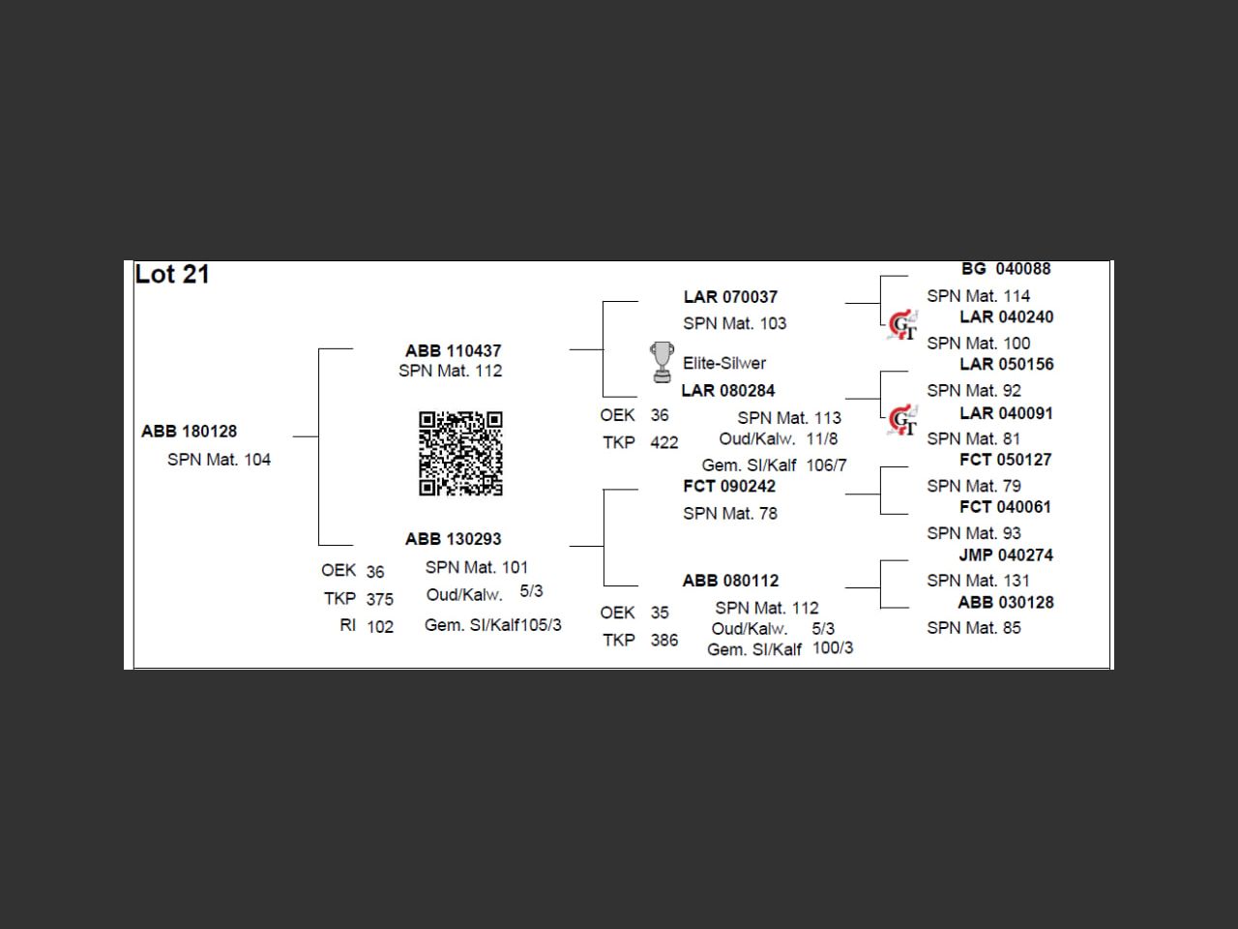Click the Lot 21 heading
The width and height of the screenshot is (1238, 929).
pyautogui.click(x=172, y=275)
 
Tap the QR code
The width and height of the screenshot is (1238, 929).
pyautogui.click(x=460, y=453)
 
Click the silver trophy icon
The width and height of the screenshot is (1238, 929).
pyautogui.click(x=662, y=362)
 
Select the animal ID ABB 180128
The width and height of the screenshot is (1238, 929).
pyautogui.click(x=190, y=432)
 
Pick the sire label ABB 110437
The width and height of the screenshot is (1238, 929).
pyautogui.click(x=453, y=350)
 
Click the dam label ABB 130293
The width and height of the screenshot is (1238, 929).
pyautogui.click(x=453, y=539)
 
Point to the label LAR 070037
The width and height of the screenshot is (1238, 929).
pyautogui.click(x=730, y=297)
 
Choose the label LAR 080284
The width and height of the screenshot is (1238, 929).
pyautogui.click(x=728, y=391)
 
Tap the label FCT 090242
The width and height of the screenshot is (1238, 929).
pyautogui.click(x=729, y=486)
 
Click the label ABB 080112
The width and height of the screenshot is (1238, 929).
pyautogui.click(x=730, y=581)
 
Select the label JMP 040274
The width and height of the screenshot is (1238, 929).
pyautogui.click(x=1006, y=555)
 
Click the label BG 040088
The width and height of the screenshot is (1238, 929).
pyautogui.click(x=1006, y=269)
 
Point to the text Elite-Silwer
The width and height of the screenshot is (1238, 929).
pyautogui.click(x=724, y=364)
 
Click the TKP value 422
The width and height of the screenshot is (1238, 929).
pyautogui.click(x=664, y=443)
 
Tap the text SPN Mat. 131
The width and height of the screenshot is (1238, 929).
pyautogui.click(x=978, y=581)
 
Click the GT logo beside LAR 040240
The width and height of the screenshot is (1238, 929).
pyautogui.click(x=902, y=325)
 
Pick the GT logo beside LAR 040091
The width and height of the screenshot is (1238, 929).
pyautogui.click(x=902, y=421)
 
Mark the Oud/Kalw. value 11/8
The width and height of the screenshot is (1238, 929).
pyautogui.click(x=822, y=438)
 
